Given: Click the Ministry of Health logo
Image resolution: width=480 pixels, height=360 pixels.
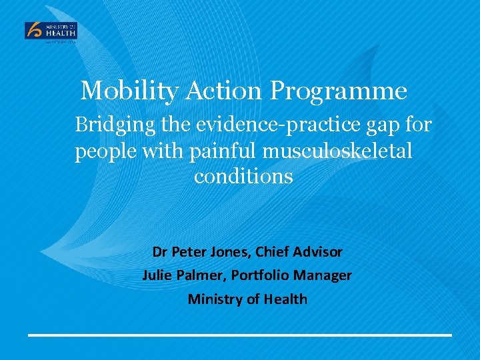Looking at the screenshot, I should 51,31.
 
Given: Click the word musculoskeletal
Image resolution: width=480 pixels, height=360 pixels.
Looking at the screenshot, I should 337,151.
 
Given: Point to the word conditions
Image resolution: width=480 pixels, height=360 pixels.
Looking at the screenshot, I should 243,177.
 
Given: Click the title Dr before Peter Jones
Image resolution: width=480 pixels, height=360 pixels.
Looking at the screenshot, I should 160,252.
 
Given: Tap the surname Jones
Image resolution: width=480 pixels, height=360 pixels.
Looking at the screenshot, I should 227,252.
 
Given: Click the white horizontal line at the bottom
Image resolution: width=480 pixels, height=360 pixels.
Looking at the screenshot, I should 239,335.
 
